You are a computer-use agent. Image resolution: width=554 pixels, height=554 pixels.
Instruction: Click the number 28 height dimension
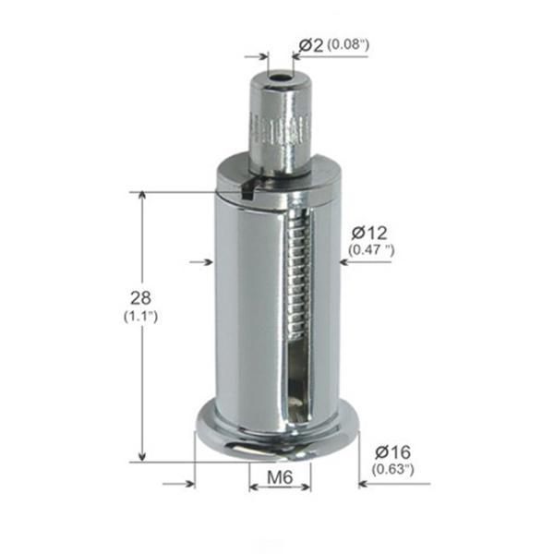[x=141, y=298]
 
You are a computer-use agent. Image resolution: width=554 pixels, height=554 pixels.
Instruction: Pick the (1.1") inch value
[x=141, y=317]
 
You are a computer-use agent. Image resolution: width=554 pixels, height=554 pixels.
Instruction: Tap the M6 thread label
[x=280, y=478]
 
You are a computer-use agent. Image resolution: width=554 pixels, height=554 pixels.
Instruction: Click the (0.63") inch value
[x=392, y=469]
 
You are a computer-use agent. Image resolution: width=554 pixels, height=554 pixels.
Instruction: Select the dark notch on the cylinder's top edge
[x=247, y=190]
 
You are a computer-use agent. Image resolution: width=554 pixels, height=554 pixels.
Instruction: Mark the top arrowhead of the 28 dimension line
[x=140, y=197]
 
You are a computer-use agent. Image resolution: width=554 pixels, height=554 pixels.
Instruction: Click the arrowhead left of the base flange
[x=189, y=482]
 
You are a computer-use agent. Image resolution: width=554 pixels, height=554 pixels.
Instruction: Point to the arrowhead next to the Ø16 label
[x=364, y=482]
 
